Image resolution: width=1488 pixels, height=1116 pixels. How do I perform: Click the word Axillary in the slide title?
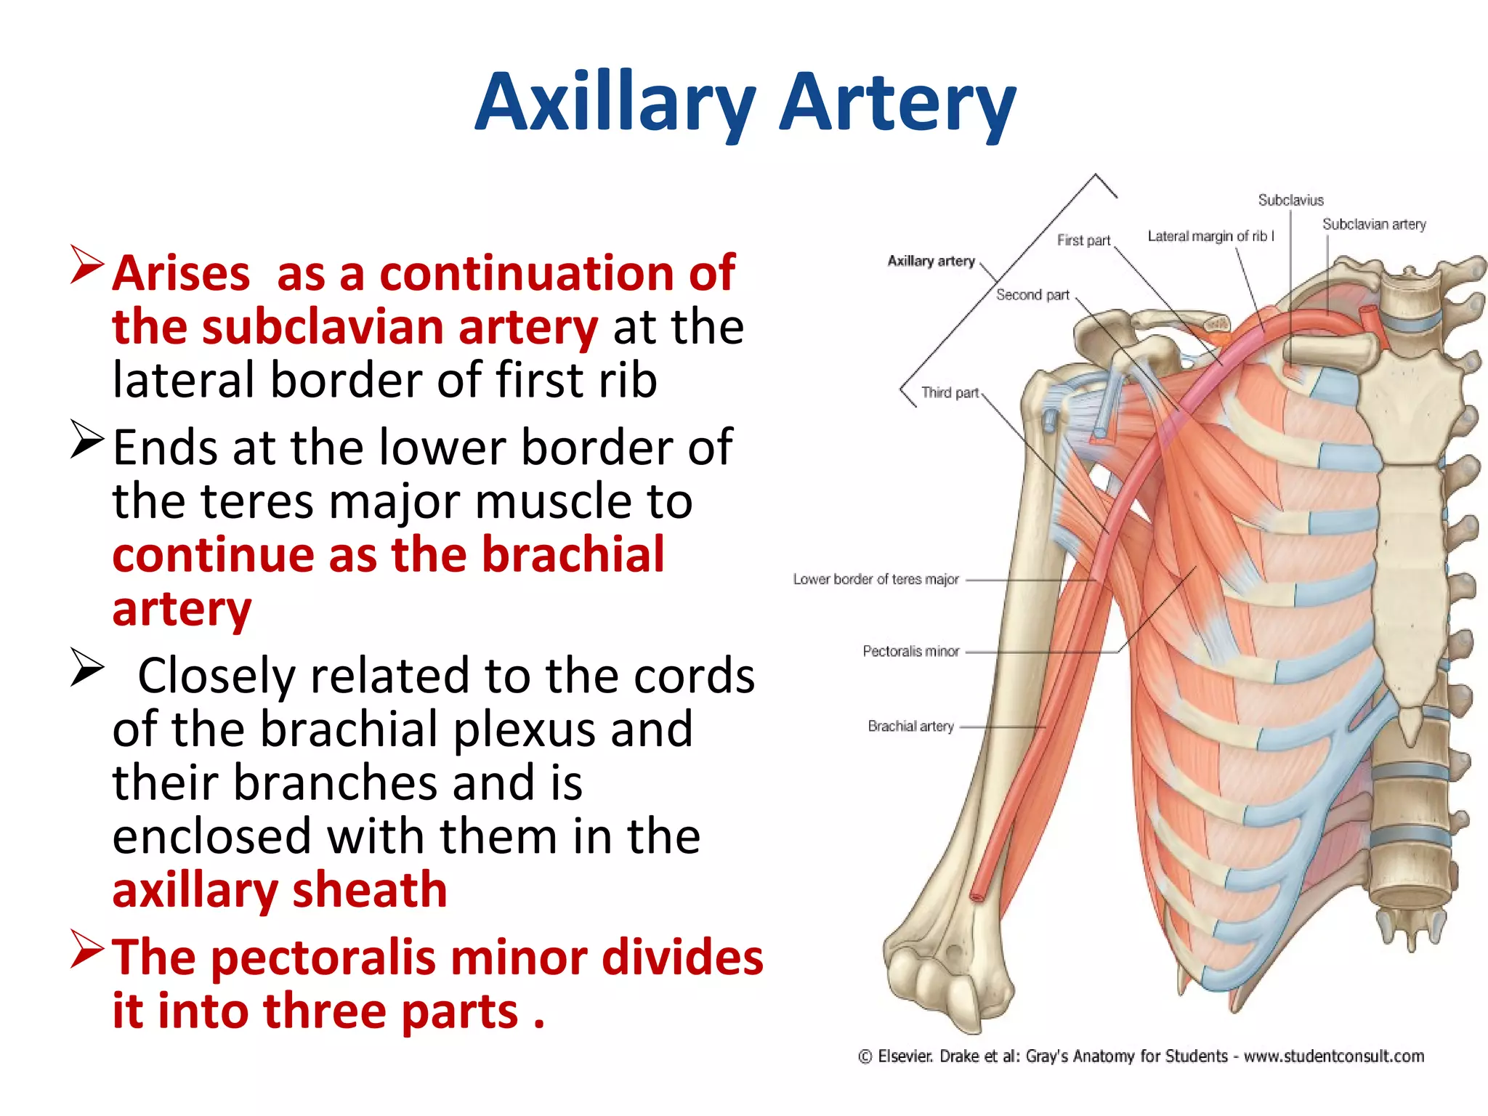pyautogui.click(x=615, y=103)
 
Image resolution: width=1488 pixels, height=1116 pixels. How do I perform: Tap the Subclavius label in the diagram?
pyautogui.click(x=1290, y=200)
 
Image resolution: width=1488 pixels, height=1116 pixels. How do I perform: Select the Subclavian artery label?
pyautogui.click(x=1373, y=225)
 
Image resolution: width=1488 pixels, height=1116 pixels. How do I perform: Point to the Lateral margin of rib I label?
pyautogui.click(x=1210, y=236)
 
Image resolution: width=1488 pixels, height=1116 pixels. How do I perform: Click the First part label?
pyautogui.click(x=1083, y=240)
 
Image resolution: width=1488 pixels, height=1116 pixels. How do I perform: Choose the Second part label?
pyautogui.click(x=1032, y=295)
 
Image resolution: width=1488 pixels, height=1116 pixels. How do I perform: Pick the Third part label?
pyautogui.click(x=950, y=393)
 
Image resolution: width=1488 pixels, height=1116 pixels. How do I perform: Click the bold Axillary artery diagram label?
pyautogui.click(x=931, y=261)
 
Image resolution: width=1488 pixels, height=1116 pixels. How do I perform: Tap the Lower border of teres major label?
pyautogui.click(x=876, y=579)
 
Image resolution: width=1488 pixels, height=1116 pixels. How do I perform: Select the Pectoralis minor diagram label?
pyautogui.click(x=910, y=651)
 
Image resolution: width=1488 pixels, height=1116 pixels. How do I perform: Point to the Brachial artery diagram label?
pyautogui.click(x=910, y=726)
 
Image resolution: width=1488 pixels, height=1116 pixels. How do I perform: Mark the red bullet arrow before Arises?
pyautogui.click(x=88, y=265)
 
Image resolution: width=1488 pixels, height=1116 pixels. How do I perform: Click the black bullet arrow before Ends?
pyautogui.click(x=88, y=440)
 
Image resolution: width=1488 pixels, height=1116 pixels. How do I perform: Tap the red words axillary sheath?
pyautogui.click(x=280, y=890)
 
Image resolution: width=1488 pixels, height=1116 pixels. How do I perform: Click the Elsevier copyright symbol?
pyautogui.click(x=865, y=1056)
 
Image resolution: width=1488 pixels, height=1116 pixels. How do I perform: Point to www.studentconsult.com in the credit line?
pyautogui.click(x=1333, y=1056)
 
